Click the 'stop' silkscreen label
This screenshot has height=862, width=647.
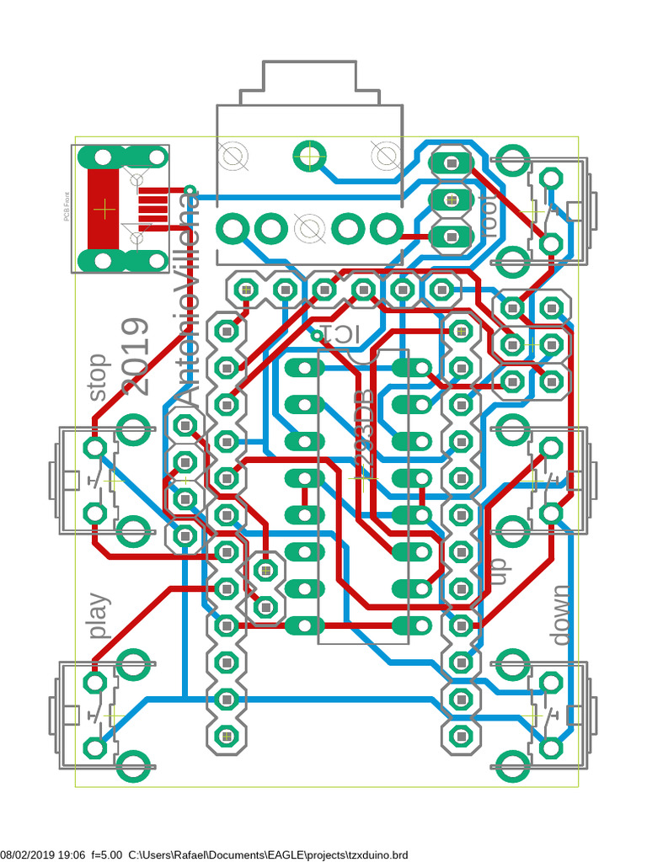point(99,376)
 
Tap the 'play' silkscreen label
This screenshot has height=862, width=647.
point(99,615)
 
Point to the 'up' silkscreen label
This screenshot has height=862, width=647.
point(498,572)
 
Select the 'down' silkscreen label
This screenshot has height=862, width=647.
point(560,615)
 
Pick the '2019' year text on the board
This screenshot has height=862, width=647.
point(136,356)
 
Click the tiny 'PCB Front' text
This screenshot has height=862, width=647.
point(67,207)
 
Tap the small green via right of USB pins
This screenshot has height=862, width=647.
point(190,190)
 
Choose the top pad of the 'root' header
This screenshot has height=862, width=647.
point(452,162)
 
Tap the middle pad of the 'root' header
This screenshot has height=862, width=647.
point(452,200)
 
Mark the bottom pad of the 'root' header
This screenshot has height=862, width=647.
point(452,237)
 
